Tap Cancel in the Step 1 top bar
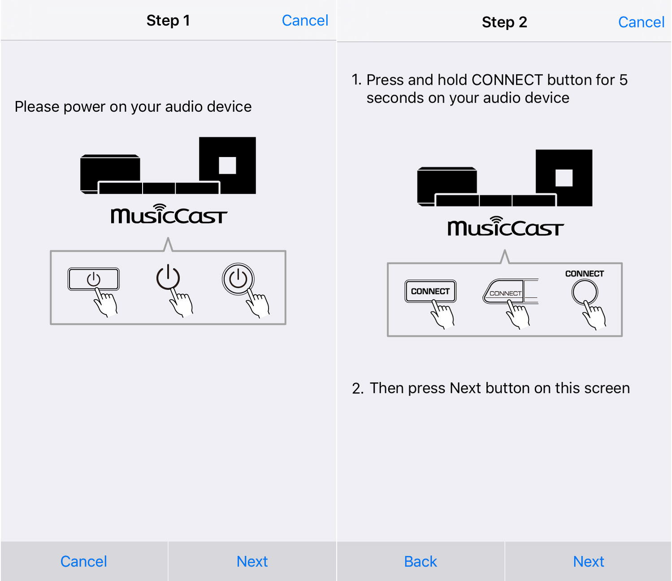(x=305, y=21)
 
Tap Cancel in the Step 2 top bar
(x=641, y=22)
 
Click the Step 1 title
(x=168, y=21)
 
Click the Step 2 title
(x=504, y=22)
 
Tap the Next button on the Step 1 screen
(x=252, y=561)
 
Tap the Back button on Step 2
(x=421, y=561)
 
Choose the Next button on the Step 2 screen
(x=588, y=561)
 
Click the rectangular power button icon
(x=94, y=279)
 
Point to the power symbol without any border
(x=168, y=277)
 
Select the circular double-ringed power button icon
(x=238, y=279)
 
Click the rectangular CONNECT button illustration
(x=430, y=291)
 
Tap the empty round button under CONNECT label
(x=585, y=292)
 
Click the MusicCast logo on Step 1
(x=169, y=214)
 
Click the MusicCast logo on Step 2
(x=506, y=226)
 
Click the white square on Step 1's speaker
(x=227, y=166)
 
